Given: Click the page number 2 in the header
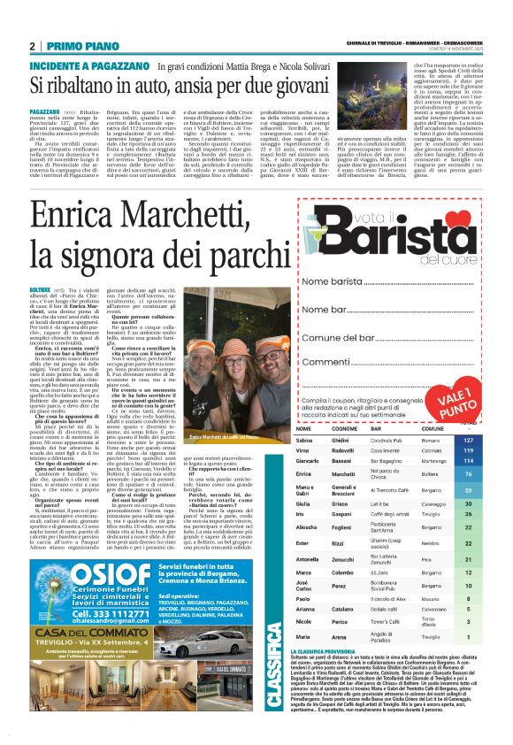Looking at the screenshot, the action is click(x=33, y=45).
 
